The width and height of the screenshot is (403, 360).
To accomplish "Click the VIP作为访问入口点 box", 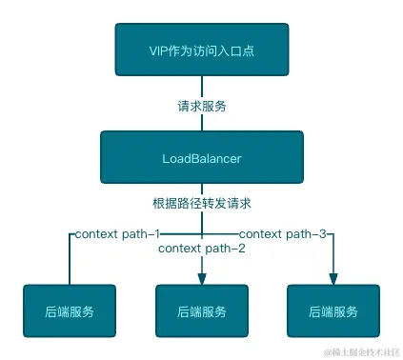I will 201,50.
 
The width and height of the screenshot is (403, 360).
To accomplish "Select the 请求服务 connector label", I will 202,107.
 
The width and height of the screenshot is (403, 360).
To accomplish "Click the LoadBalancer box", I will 201,155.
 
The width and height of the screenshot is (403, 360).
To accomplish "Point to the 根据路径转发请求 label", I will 202,203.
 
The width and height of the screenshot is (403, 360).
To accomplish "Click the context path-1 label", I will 117,232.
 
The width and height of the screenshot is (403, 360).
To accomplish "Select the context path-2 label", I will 202,249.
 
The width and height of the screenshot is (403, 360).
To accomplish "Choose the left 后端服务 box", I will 70,311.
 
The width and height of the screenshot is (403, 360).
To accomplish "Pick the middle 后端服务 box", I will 201,311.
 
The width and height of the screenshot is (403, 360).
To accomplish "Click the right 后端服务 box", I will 332,311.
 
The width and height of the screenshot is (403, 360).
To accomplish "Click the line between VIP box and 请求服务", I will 202,88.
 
